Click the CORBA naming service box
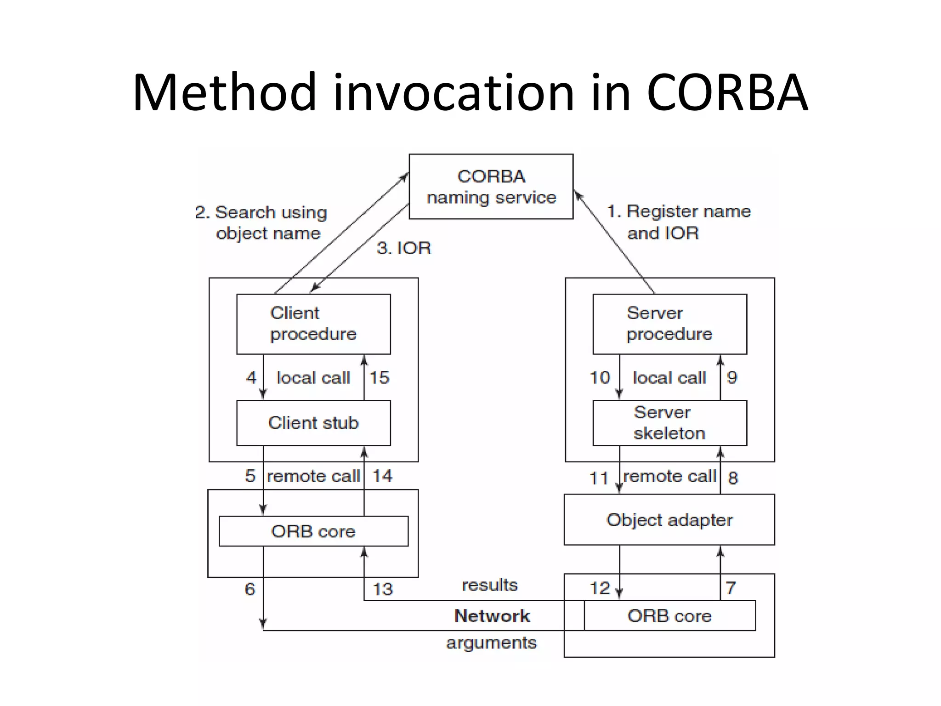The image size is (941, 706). click(x=491, y=186)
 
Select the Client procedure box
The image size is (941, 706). click(x=313, y=324)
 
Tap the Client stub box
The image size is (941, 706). click(x=313, y=423)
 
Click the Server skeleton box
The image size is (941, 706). click(x=669, y=423)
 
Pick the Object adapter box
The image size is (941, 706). click(x=669, y=520)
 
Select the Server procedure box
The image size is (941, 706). click(x=669, y=324)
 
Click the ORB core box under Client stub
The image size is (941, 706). click(x=313, y=531)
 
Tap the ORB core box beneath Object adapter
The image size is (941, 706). click(x=669, y=615)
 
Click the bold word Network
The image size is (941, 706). click(x=492, y=616)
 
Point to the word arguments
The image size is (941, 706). click(x=491, y=643)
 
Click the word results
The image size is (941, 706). click(x=490, y=585)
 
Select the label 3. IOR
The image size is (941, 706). click(x=404, y=248)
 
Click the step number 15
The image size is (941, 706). click(x=379, y=378)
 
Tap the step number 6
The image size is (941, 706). click(x=249, y=589)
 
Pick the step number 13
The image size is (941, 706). click(x=382, y=589)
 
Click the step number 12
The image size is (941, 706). click(x=600, y=588)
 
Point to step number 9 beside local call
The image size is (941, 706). click(x=732, y=378)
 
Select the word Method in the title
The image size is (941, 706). click(x=225, y=93)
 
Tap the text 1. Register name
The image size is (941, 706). click(x=679, y=211)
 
